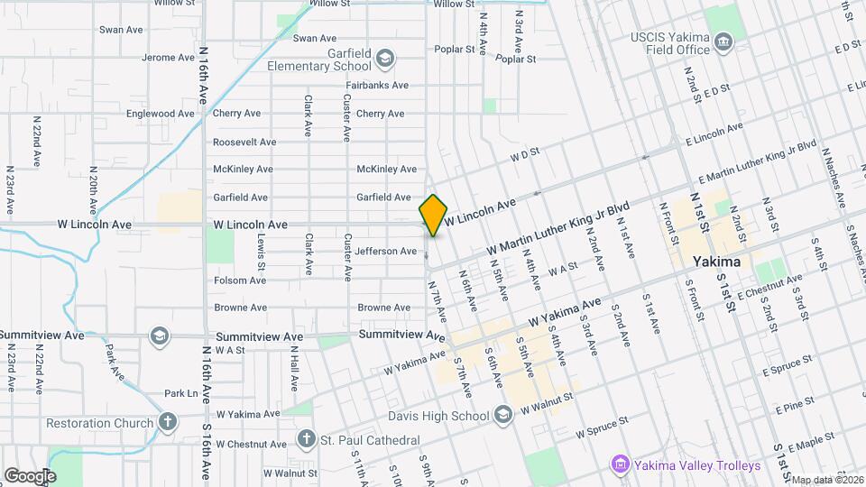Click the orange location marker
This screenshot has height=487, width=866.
coord(433,215)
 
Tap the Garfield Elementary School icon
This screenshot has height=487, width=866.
coord(385,59)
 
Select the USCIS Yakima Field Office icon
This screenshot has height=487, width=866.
coord(723,41)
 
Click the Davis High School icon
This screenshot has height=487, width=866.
coord(503,415)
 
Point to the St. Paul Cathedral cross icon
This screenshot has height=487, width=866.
coord(307,439)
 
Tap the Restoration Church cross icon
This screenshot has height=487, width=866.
coord(168,422)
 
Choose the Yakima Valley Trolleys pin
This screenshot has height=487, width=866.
coord(620,465)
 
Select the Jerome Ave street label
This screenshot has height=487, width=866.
coord(169,58)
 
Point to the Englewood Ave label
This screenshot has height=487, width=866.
coord(161,114)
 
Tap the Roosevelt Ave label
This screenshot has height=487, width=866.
coord(244,142)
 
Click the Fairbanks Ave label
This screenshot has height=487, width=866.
coord(377,86)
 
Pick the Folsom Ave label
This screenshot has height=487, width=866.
coord(240,280)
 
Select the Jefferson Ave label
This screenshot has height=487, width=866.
coord(386,252)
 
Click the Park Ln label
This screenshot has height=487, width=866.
coord(180,393)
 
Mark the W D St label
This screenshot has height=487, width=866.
coord(524,155)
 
